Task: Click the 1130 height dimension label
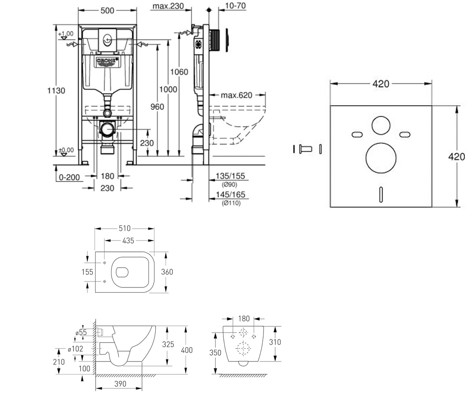56,90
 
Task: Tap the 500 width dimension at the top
107,11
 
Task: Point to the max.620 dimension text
236,95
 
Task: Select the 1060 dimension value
179,72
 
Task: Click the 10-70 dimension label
235,6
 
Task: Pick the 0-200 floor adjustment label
69,177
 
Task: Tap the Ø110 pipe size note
231,203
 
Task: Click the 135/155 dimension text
230,176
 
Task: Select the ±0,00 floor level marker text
66,150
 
